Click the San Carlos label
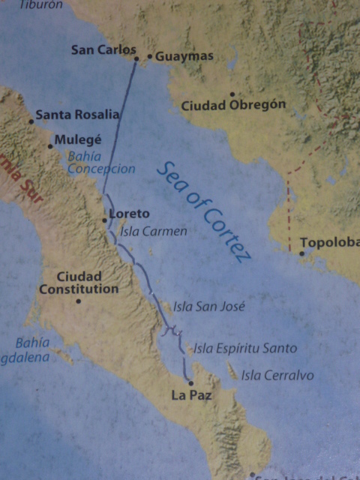(x=103, y=50)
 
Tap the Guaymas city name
(x=184, y=56)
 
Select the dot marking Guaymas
(x=150, y=56)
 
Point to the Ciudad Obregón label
(x=233, y=105)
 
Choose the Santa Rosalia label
(x=77, y=115)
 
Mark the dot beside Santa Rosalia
(x=31, y=120)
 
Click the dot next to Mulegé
(x=51, y=145)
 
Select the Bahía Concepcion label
(x=101, y=163)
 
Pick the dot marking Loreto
(x=105, y=220)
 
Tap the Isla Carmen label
(x=153, y=231)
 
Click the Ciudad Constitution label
(x=79, y=283)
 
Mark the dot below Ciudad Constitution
(x=78, y=301)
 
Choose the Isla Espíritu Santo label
(x=245, y=348)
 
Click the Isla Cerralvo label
(x=277, y=375)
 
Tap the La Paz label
(x=187, y=394)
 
